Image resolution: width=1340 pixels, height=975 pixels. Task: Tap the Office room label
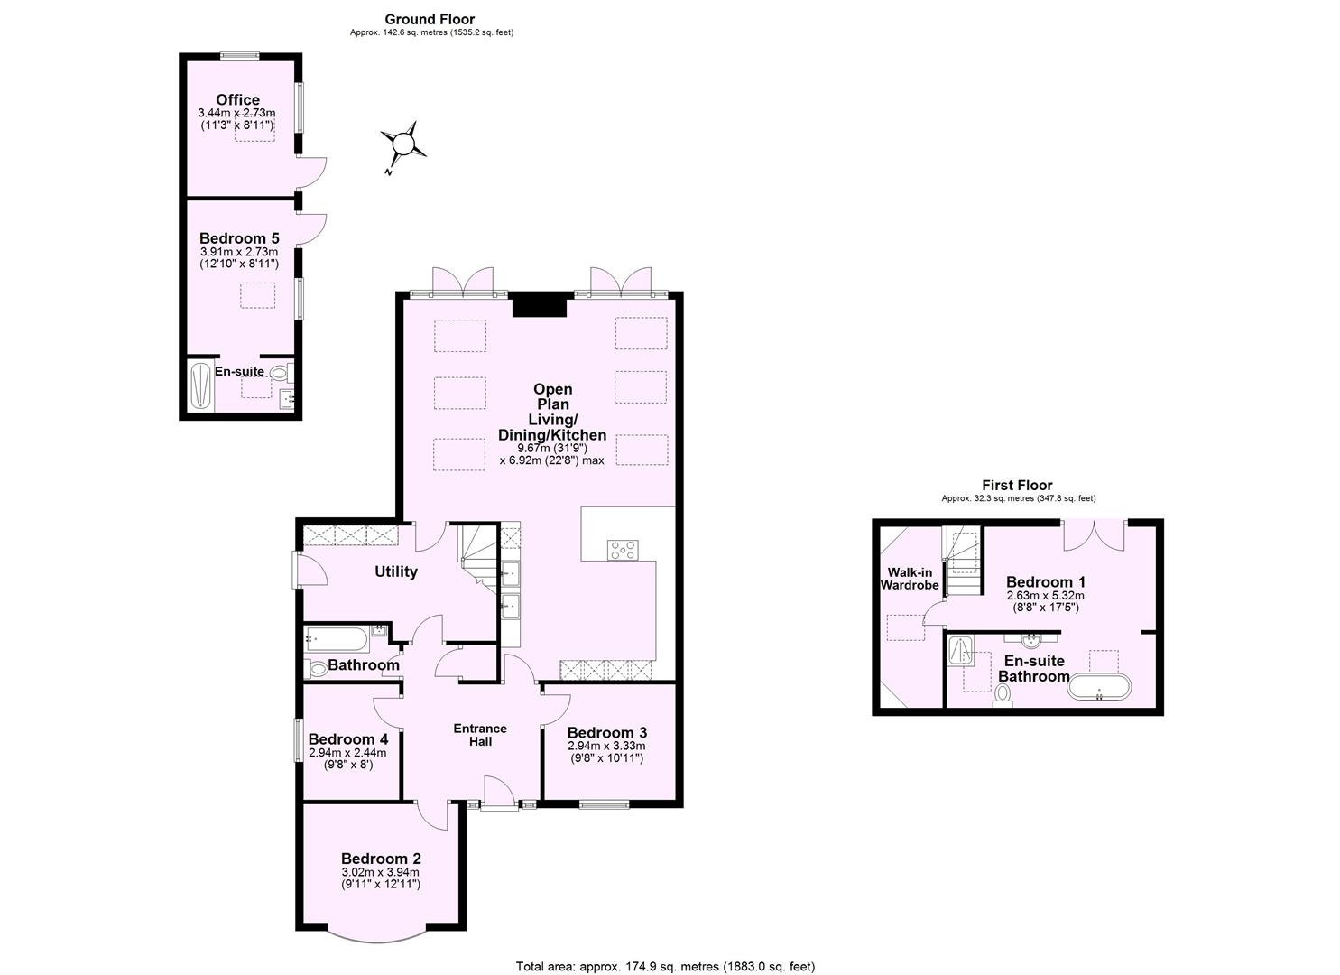[237, 100]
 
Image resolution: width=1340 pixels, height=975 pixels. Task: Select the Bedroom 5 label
[239, 239]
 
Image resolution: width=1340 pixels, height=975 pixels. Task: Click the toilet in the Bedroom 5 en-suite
[279, 372]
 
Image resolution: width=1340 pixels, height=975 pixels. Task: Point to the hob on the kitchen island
[622, 550]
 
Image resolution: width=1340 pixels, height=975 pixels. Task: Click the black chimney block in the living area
[539, 305]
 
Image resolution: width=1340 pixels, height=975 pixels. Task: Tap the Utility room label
[396, 571]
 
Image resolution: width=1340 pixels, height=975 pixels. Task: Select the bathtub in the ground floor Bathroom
[336, 639]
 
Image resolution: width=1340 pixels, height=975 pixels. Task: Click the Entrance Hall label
[480, 735]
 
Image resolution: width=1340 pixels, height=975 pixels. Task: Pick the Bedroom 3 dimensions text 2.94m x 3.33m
[606, 747]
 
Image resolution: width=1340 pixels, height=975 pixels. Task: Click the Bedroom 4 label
[347, 739]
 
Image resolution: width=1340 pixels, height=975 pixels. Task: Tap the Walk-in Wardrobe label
[910, 579]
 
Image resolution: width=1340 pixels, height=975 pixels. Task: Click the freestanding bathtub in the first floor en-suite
[1098, 688]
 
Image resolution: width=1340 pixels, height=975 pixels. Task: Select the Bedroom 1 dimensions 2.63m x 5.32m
[1045, 596]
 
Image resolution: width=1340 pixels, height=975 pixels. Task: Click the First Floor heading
[1017, 486]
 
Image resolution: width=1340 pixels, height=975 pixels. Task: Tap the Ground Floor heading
[430, 19]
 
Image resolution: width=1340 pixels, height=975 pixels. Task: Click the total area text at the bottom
[664, 966]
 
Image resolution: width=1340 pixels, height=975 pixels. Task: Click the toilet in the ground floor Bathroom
[317, 669]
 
